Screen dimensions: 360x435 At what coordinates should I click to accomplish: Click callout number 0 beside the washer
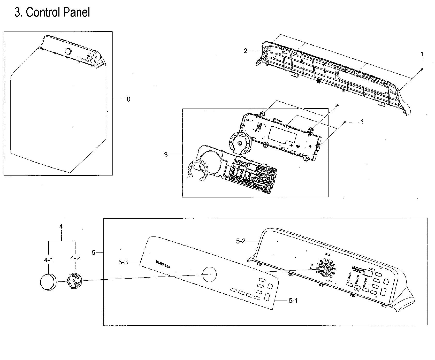point(128,99)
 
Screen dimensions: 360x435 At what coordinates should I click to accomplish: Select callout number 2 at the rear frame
point(246,51)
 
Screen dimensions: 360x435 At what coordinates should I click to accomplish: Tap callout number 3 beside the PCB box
point(166,155)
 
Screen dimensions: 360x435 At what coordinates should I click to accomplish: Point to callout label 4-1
point(48,260)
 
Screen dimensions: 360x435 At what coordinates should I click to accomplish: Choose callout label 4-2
point(75,258)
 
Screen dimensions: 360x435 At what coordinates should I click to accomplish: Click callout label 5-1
point(293,301)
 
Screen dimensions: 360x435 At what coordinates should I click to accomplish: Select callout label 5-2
point(240,241)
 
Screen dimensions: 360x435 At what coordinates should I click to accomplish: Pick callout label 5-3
point(123,262)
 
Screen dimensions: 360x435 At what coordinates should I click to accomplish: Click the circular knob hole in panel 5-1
point(209,274)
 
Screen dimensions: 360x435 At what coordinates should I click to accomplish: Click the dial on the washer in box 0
point(68,51)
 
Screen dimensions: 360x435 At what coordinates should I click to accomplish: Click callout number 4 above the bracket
point(61,226)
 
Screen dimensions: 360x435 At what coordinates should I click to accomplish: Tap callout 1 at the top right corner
point(422,54)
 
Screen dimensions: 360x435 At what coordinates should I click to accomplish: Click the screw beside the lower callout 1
point(345,122)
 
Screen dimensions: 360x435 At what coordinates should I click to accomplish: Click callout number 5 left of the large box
point(94,252)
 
